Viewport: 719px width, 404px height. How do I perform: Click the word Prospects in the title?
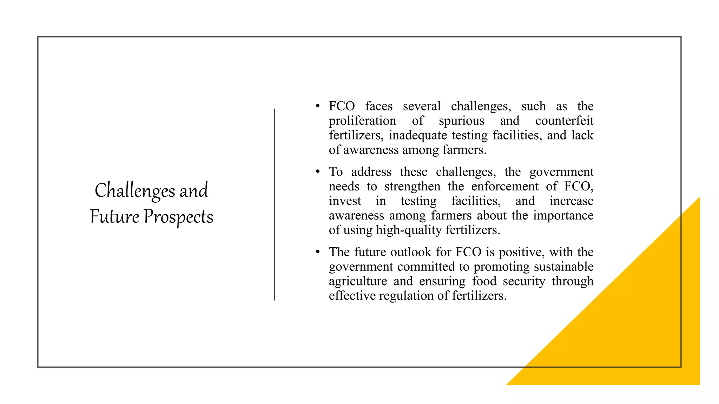178,217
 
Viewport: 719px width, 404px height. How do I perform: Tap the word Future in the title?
114,216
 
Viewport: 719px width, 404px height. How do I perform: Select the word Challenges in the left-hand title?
135,190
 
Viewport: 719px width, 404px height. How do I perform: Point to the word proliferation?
362,121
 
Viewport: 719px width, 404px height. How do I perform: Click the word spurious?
461,121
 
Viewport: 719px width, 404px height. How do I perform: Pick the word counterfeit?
564,121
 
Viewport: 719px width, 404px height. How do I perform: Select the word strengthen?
412,186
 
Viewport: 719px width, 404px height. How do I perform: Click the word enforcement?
505,186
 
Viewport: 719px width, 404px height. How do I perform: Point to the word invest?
345,201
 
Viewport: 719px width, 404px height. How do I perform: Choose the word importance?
563,215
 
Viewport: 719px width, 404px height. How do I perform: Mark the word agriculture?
358,281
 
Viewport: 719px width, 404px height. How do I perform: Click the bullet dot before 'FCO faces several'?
318,106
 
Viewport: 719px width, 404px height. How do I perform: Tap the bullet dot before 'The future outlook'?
318,252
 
